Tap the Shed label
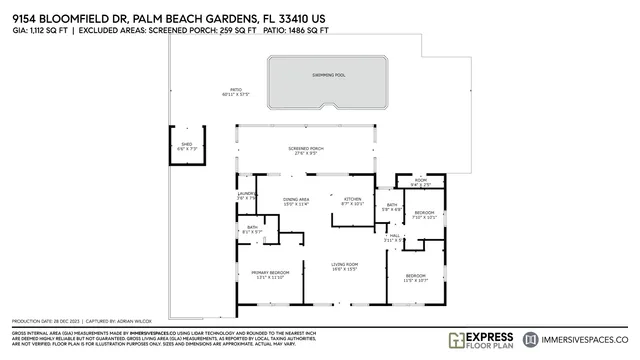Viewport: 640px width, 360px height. click(x=186, y=145)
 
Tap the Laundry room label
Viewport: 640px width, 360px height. click(x=246, y=196)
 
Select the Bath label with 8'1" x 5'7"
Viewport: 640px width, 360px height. click(x=253, y=230)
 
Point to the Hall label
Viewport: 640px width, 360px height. click(x=393, y=238)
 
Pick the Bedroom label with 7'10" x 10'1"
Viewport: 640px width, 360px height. click(x=424, y=215)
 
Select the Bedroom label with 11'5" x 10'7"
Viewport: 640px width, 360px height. click(x=415, y=278)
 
